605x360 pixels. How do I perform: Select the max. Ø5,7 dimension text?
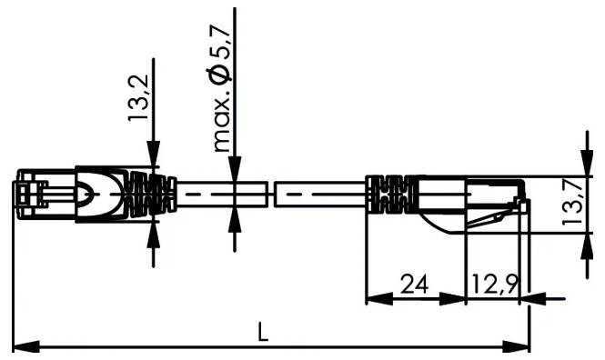coord(219,86)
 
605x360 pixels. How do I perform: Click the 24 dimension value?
coord(414,285)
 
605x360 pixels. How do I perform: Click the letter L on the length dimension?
coord(263,333)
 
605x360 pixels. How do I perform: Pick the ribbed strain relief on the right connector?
coord(388,195)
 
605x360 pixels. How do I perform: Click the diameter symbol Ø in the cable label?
coord(219,75)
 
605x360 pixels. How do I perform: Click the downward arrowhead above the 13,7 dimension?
coord(581,164)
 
